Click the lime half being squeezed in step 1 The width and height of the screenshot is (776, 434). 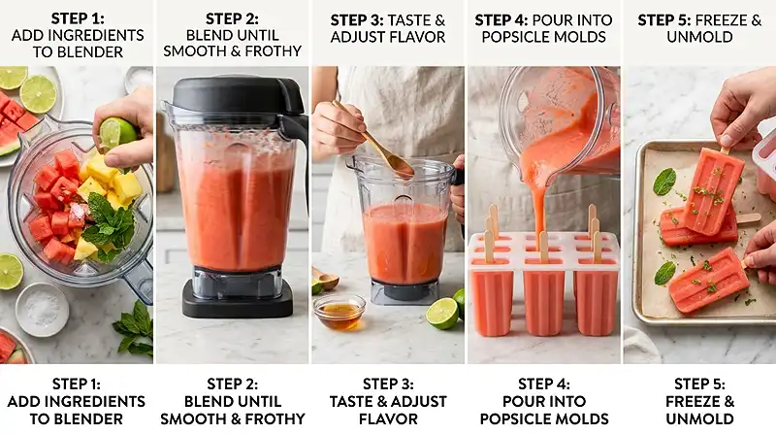tap(116, 132)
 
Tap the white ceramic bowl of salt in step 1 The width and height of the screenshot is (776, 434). tap(42, 309)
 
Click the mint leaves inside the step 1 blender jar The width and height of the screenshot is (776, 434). tap(110, 224)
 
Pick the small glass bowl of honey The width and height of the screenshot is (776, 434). tap(339, 312)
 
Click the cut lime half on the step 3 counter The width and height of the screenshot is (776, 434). tap(442, 313)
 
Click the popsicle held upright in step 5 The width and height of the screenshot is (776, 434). tap(713, 189)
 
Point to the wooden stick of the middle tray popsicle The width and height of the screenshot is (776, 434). tap(748, 218)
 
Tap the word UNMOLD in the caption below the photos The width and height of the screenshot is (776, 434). tap(699, 418)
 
